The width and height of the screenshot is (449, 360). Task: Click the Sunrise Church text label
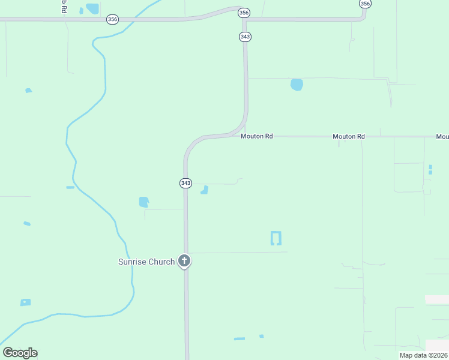(x=146, y=262)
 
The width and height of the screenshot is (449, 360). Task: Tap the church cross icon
(x=185, y=262)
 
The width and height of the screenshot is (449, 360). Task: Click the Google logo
(x=20, y=353)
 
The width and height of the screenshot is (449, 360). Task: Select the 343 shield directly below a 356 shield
(x=245, y=37)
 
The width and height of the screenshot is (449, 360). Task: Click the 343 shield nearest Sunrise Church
(x=185, y=183)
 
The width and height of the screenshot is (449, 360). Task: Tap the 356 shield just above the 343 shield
(x=244, y=12)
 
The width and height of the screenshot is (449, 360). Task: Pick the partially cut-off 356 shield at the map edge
(x=365, y=4)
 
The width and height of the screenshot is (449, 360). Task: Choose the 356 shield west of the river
(x=112, y=19)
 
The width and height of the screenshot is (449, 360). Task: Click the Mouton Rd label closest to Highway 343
(x=257, y=136)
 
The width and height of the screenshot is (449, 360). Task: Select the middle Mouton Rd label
(x=349, y=136)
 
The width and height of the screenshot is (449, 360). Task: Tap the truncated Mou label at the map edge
(x=442, y=137)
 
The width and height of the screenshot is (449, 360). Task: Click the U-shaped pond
(x=276, y=238)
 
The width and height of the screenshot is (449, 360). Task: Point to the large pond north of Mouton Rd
(x=297, y=85)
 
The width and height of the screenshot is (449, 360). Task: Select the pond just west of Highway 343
(x=143, y=202)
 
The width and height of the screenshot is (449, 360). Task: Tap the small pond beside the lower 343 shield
(x=205, y=190)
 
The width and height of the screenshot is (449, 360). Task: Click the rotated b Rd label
(x=63, y=6)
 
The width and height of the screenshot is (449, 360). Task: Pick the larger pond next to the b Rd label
(x=92, y=8)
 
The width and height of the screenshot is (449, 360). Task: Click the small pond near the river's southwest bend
(x=25, y=302)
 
